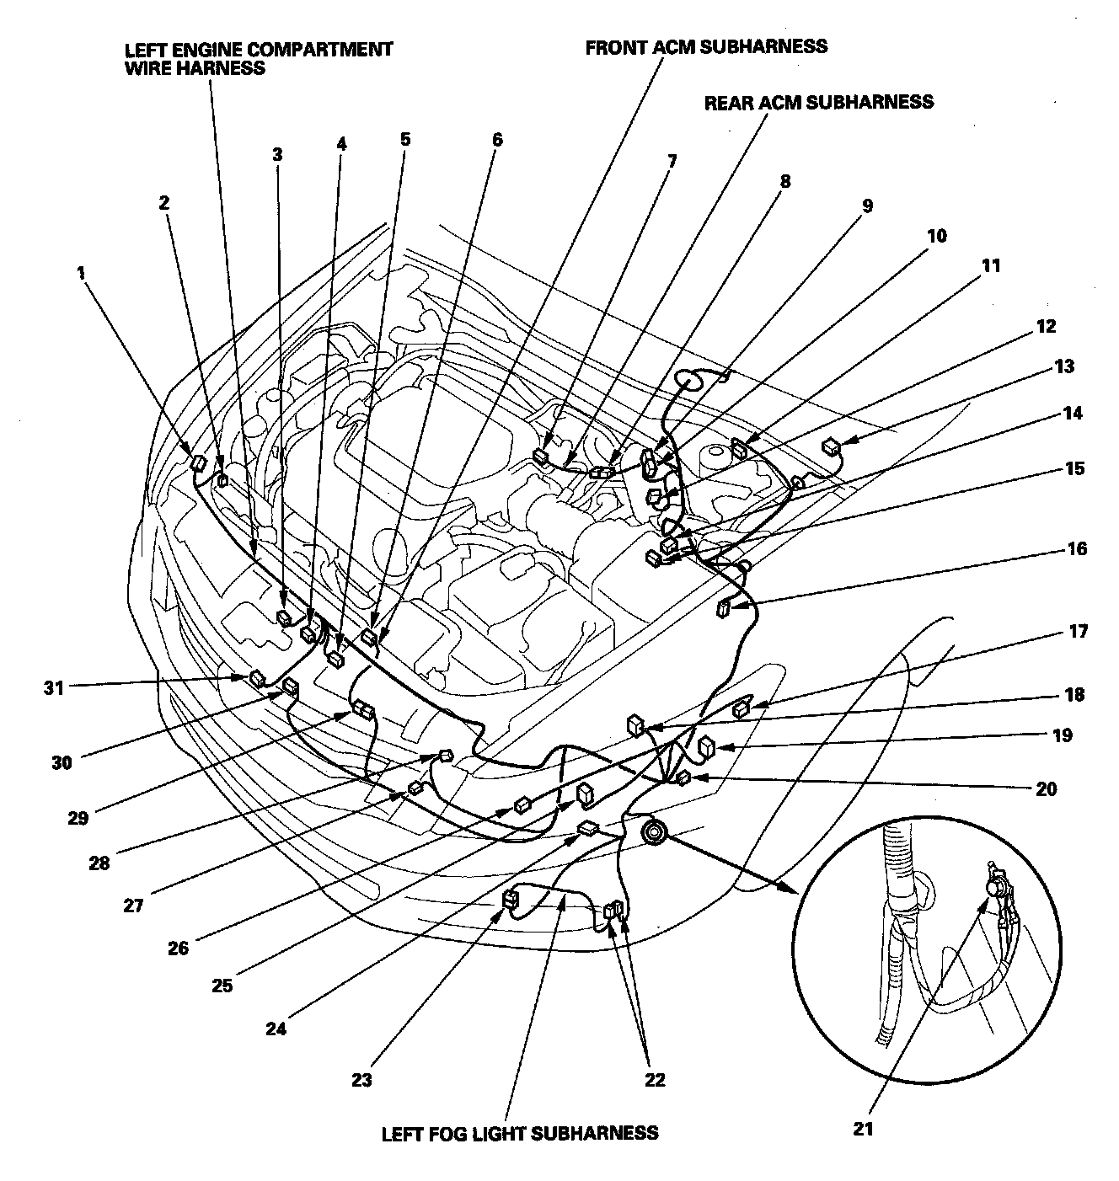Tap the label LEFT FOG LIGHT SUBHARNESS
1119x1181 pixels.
click(x=520, y=1132)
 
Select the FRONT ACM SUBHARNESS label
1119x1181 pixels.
click(x=706, y=45)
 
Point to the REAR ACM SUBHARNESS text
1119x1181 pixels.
click(x=818, y=102)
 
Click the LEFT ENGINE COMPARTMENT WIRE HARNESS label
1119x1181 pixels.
click(x=258, y=58)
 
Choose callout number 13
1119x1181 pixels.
click(x=1063, y=366)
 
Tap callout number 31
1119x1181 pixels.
click(x=54, y=687)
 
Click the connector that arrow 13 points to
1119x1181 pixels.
click(x=832, y=446)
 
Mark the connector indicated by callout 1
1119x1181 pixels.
click(x=198, y=462)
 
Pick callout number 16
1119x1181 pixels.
click(x=1076, y=549)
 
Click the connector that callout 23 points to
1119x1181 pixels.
click(x=510, y=900)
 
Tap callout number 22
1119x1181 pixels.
click(x=655, y=1080)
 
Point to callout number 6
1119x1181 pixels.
click(x=496, y=140)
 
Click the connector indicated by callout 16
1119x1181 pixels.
click(x=724, y=608)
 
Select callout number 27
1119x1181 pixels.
click(x=133, y=906)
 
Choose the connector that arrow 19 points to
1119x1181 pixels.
click(x=707, y=746)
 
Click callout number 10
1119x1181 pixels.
click(x=936, y=236)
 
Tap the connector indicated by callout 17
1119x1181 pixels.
click(x=742, y=709)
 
